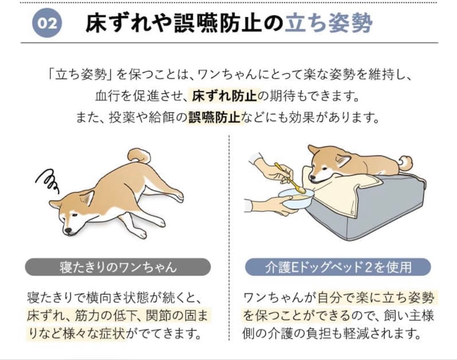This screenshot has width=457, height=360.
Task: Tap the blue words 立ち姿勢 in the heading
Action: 328,24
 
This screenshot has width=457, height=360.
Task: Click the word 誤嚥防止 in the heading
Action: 216,24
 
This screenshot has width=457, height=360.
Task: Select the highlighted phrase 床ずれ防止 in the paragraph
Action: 224,96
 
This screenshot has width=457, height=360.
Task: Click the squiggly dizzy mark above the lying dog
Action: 47,181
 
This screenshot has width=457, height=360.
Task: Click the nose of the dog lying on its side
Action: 66,231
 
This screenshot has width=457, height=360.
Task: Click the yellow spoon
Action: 290,178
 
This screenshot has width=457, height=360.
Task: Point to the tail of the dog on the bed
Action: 405,163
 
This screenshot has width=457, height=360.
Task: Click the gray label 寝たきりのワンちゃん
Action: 118,267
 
